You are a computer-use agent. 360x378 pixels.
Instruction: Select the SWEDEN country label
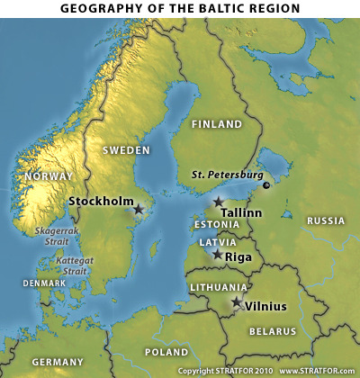[x=126, y=150]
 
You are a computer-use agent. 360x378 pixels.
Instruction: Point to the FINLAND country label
[x=217, y=124]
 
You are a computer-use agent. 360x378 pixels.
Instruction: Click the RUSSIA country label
[x=326, y=220]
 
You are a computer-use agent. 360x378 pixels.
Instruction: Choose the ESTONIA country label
[x=217, y=224]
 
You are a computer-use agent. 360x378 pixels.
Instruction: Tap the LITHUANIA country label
[x=218, y=287]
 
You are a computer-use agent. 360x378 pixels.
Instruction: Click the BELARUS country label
[x=272, y=331]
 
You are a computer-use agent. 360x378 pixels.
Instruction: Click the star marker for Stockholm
[x=139, y=209]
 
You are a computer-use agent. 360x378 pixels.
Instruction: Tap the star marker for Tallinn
[x=218, y=202]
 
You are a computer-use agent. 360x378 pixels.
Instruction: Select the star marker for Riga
[x=217, y=255]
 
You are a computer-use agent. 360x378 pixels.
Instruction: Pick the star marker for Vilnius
[x=237, y=302]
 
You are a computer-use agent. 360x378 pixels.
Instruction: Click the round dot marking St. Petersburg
[x=266, y=185]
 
